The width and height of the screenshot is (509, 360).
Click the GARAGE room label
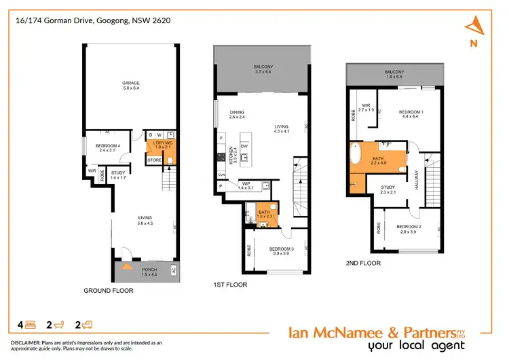[130, 84]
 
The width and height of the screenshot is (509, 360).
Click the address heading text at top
[93, 20]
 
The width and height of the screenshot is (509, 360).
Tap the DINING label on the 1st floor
[236, 114]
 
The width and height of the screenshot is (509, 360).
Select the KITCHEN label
[231, 156]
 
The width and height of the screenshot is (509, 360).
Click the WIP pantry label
[244, 184]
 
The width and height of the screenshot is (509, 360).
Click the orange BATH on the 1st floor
[263, 215]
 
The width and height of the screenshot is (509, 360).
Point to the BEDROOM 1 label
[411, 112]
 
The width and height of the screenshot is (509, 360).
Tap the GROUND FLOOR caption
[108, 290]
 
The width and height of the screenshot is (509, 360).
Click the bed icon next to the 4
[31, 325]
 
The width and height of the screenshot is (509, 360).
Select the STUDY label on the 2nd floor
[388, 188]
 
